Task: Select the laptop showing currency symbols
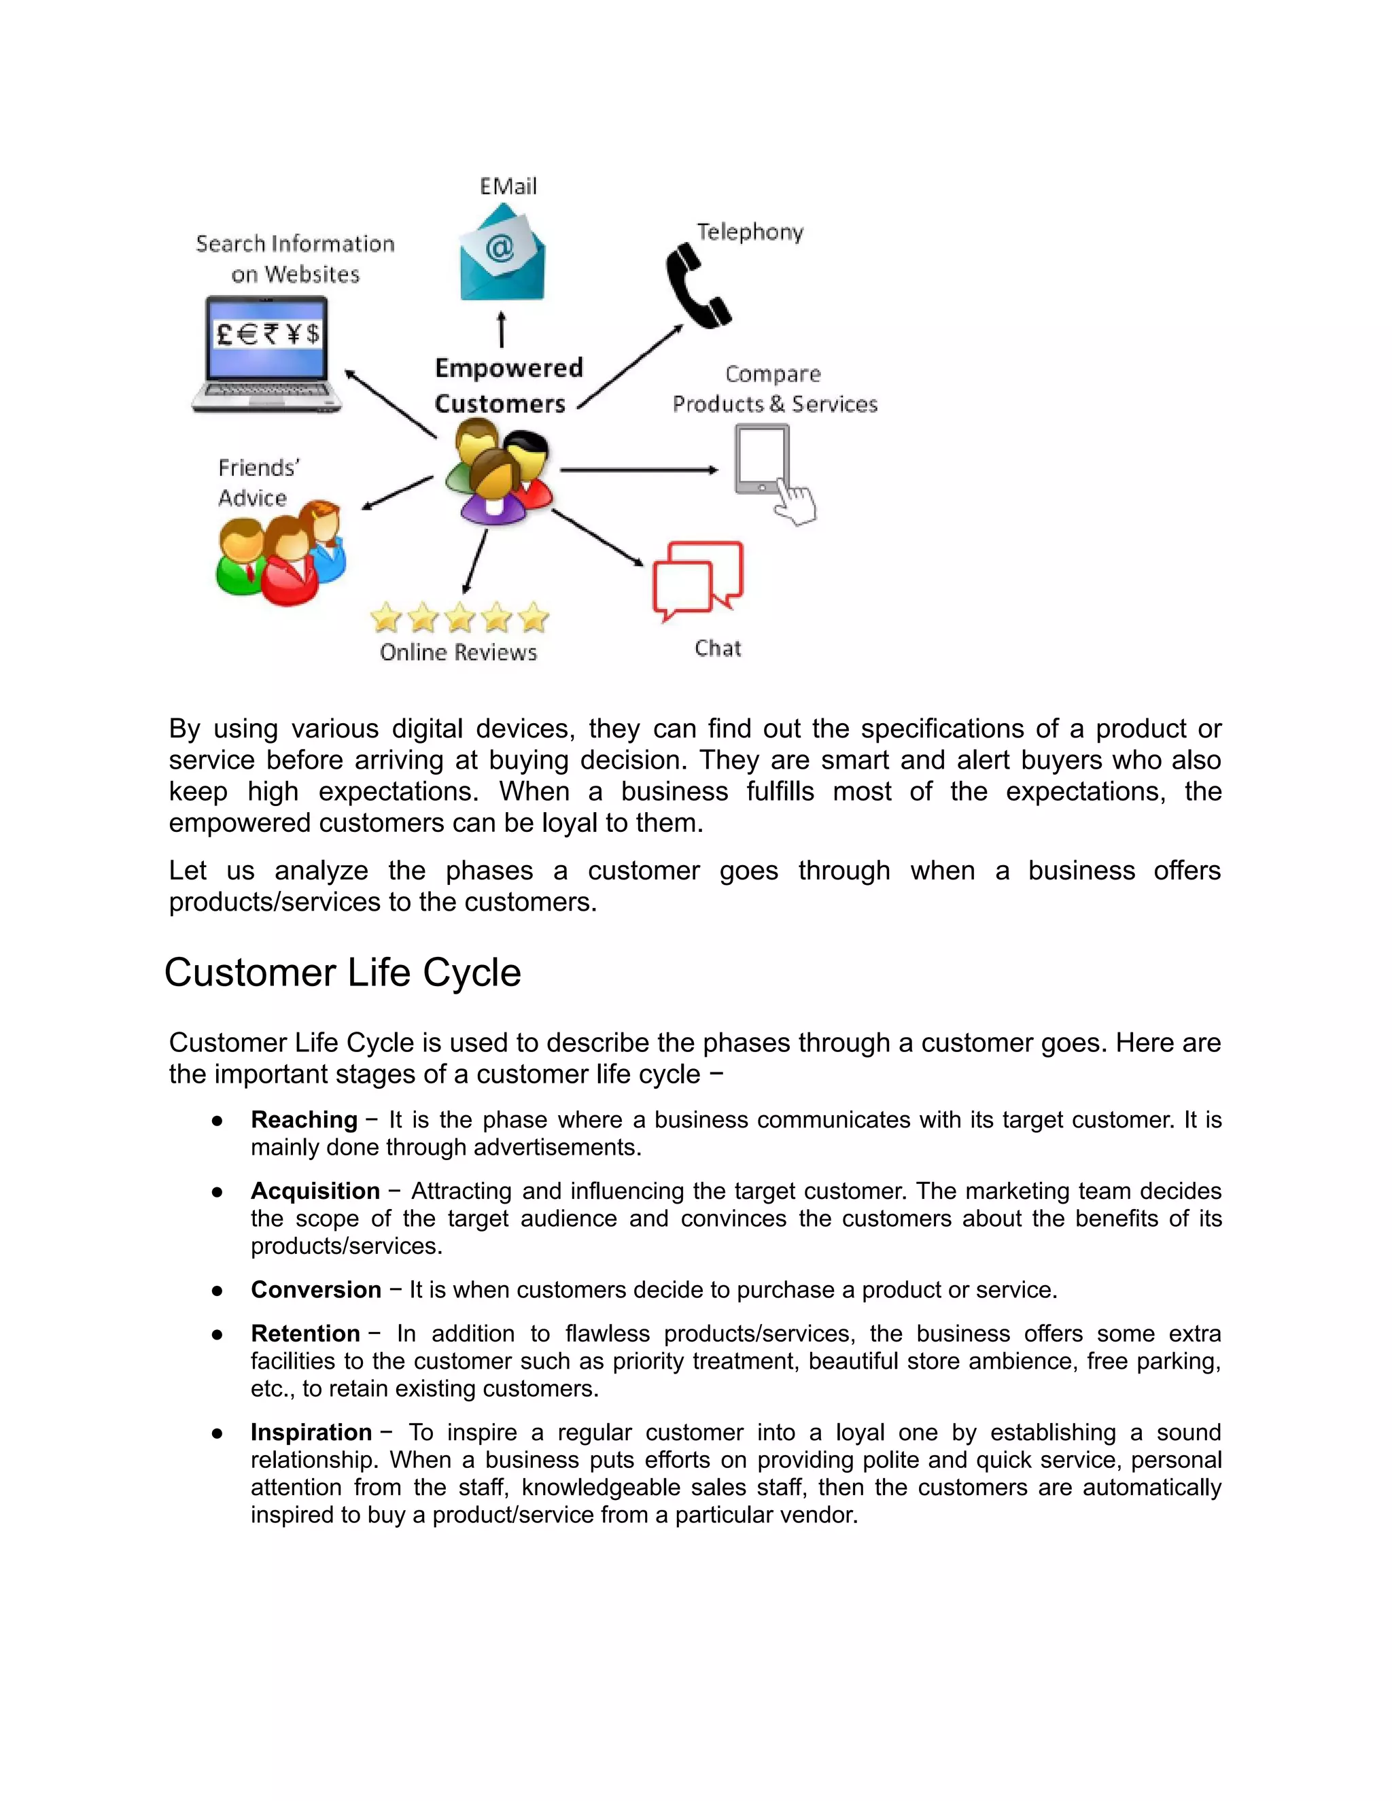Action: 266,355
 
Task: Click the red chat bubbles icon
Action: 697,580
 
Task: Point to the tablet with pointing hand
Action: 771,472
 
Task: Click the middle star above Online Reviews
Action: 459,617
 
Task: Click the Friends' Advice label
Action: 258,483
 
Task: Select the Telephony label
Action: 750,232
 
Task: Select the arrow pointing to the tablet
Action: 638,470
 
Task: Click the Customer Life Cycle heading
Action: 343,973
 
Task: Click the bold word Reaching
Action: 303,1120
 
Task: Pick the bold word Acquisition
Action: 315,1191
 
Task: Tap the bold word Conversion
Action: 316,1290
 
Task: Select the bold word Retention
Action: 305,1333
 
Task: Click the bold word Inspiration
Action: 311,1433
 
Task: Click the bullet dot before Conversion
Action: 217,1291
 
